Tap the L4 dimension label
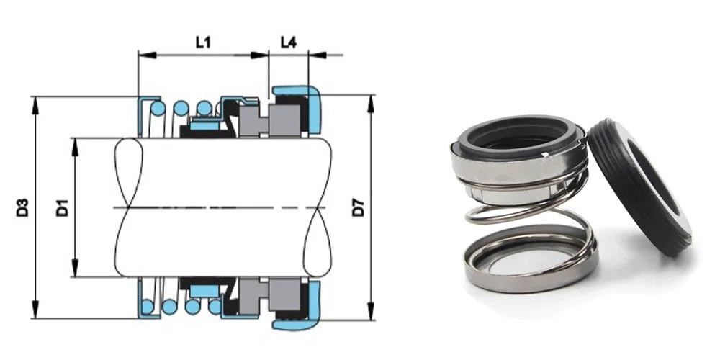point(288,42)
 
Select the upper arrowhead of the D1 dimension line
point(75,143)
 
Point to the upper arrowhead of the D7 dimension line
point(371,100)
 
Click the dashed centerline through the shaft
point(216,207)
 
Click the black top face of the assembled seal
point(520,135)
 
